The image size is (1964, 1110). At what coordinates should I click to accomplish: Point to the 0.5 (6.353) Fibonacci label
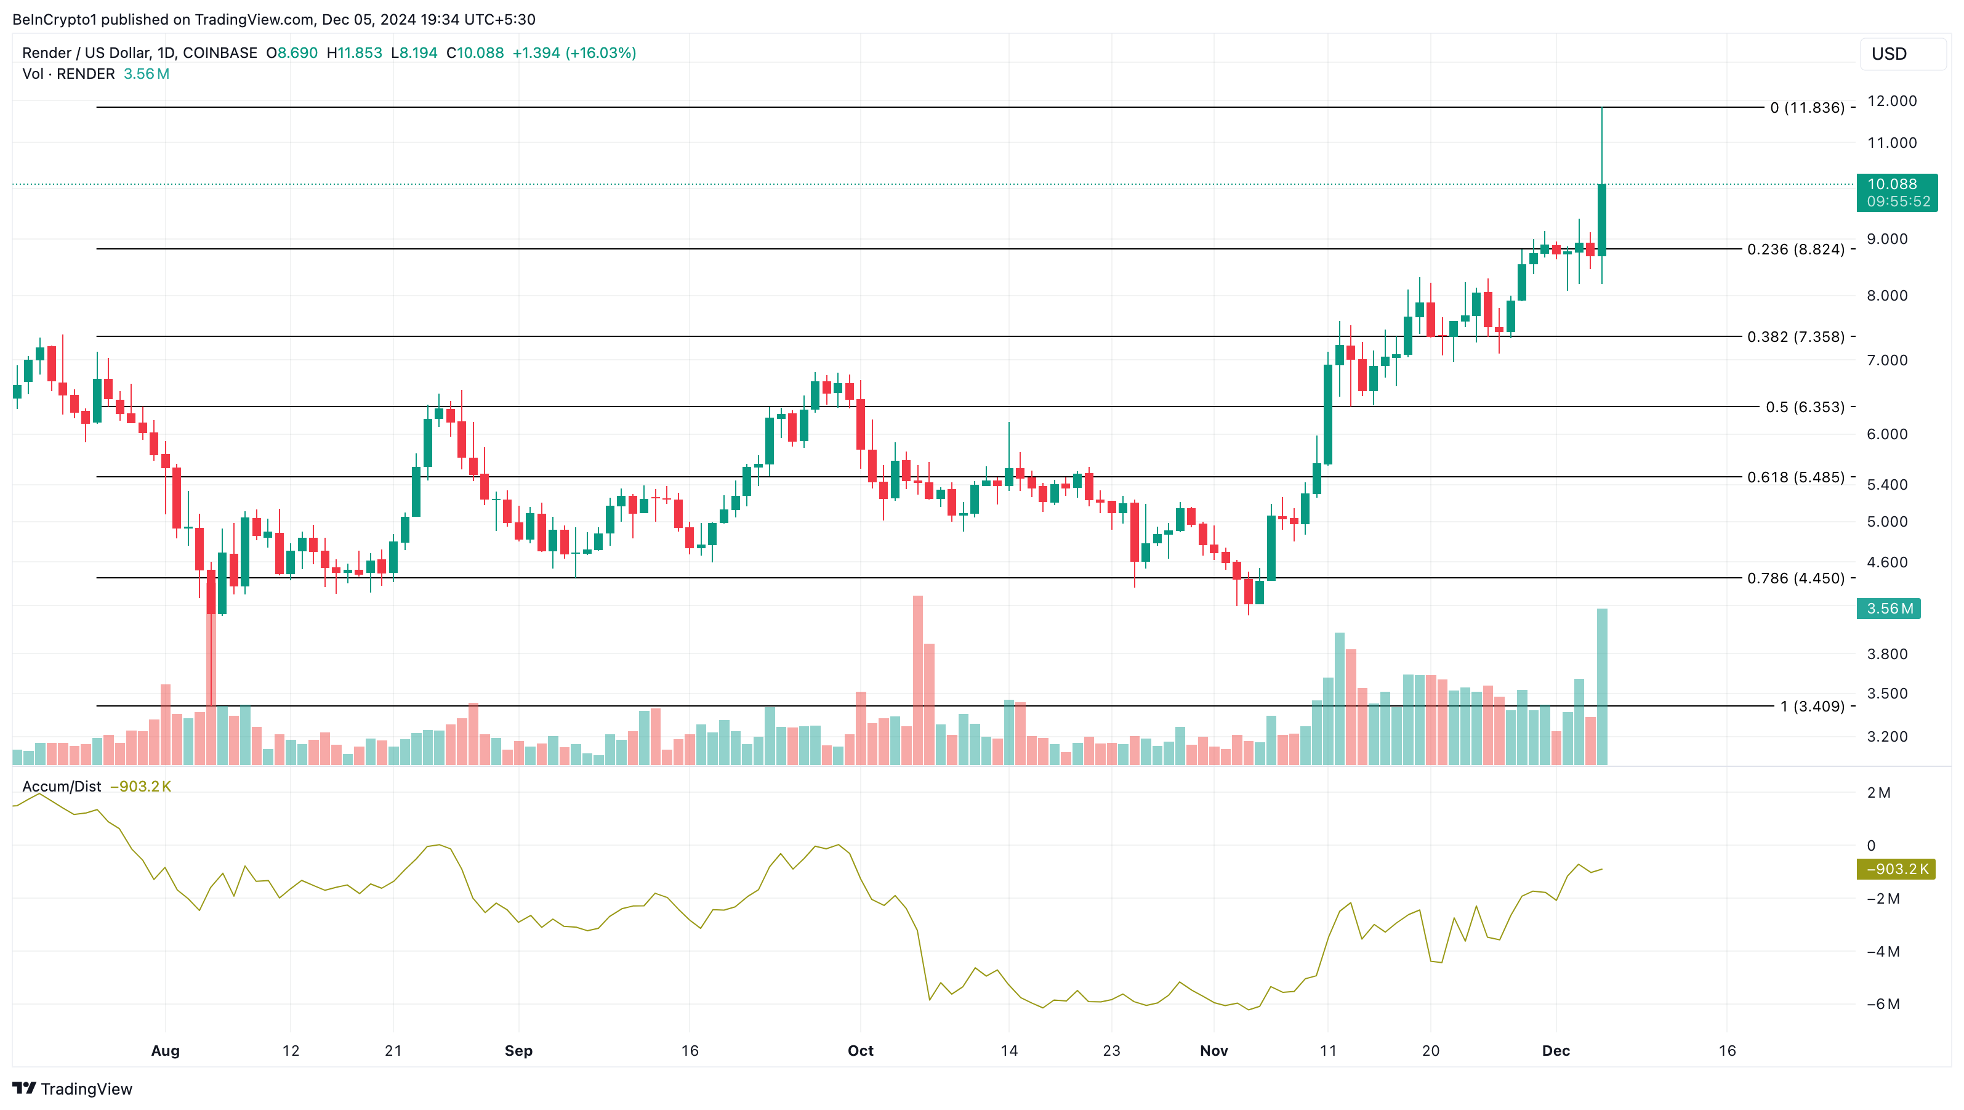point(1805,407)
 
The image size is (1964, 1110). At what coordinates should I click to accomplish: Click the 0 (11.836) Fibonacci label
point(1807,108)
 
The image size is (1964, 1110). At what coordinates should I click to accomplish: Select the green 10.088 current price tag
point(1896,192)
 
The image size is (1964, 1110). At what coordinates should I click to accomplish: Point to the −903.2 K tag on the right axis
point(1896,869)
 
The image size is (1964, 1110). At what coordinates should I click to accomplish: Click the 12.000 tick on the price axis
point(1891,100)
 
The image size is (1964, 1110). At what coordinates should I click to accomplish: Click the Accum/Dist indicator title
point(62,787)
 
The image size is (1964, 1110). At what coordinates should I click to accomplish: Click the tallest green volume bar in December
point(1602,687)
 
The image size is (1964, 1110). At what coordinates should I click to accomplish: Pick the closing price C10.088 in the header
point(475,52)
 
